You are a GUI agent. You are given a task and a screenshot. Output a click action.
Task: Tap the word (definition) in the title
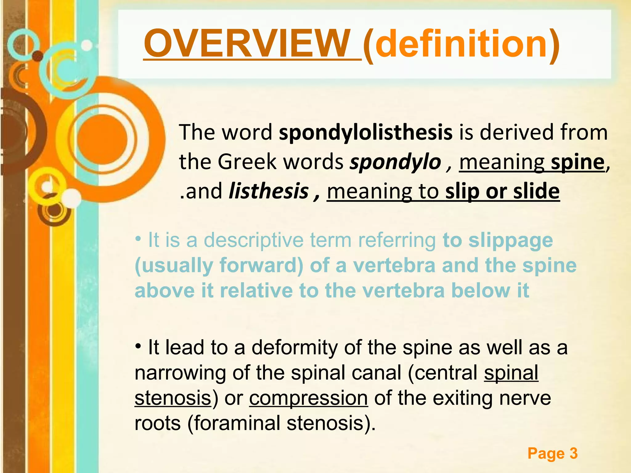pyautogui.click(x=461, y=44)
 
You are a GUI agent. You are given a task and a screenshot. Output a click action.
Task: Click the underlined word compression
pyautogui.click(x=308, y=398)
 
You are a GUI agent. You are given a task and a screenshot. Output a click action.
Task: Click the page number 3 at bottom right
pyautogui.click(x=573, y=453)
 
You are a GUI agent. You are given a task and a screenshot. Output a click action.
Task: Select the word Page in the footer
pyautogui.click(x=546, y=453)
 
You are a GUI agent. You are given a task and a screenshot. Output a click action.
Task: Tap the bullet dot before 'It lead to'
pyautogui.click(x=138, y=346)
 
